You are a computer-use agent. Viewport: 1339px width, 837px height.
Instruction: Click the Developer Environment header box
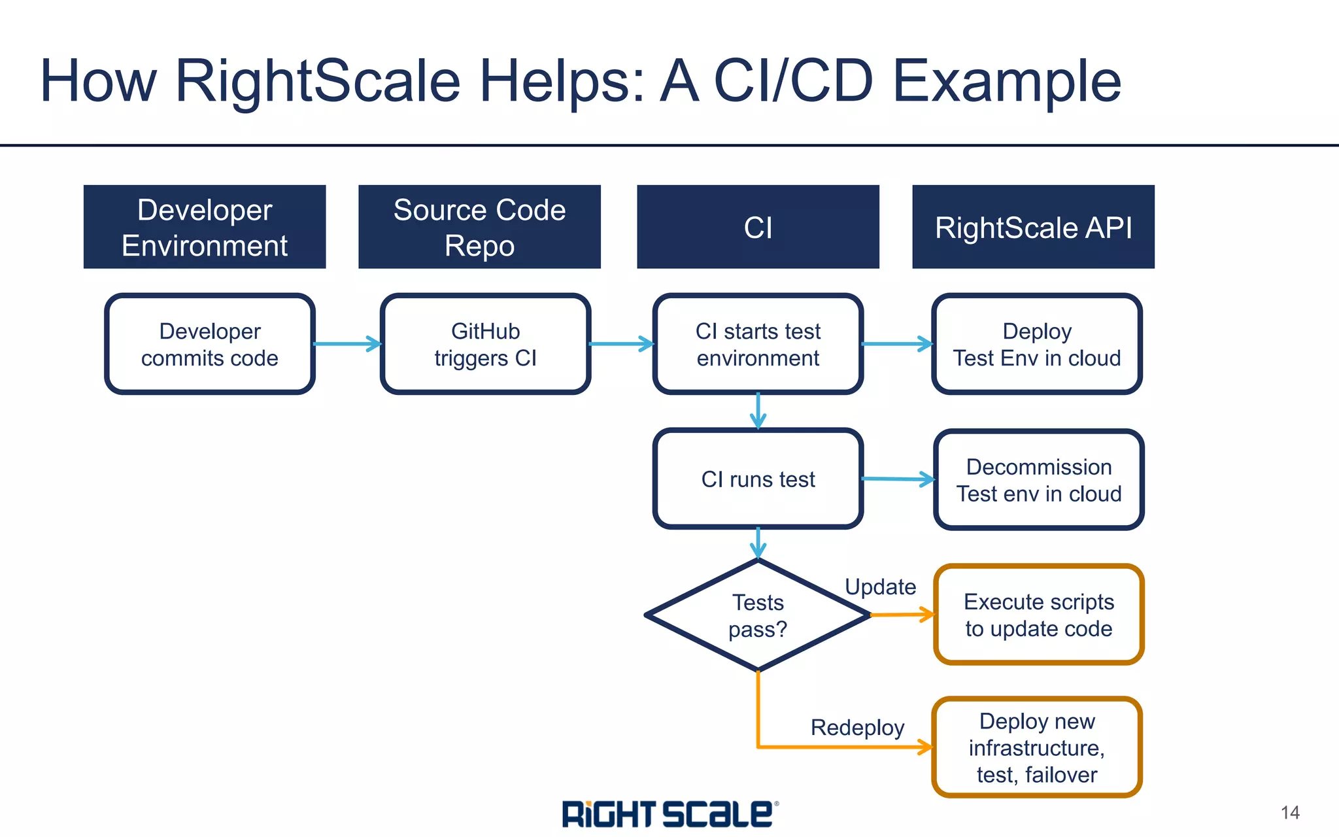(205, 227)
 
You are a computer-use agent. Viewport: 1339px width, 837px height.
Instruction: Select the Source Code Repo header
(479, 227)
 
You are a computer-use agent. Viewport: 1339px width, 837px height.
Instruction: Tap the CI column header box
(758, 227)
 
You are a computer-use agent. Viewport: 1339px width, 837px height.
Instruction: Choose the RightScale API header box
(1033, 227)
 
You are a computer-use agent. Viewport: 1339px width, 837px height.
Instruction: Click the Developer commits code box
(210, 344)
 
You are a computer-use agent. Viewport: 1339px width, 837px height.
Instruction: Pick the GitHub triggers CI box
(485, 344)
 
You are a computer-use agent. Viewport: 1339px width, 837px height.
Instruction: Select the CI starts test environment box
(758, 344)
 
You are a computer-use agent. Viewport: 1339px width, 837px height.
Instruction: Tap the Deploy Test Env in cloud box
(1037, 344)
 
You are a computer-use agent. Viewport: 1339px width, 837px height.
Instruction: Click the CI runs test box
(758, 479)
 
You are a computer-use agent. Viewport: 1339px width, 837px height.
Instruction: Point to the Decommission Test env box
(1039, 479)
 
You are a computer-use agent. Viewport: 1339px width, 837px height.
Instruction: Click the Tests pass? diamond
(758, 615)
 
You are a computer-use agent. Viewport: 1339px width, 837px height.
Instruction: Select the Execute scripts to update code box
(1039, 615)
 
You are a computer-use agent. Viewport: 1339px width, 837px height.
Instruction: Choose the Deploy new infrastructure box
(1037, 747)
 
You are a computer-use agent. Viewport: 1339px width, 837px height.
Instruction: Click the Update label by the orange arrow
(880, 587)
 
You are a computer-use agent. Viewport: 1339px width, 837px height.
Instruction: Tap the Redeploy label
(857, 727)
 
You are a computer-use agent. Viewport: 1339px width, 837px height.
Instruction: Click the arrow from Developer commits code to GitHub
(347, 344)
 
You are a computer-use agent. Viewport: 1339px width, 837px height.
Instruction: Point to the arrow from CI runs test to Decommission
(898, 479)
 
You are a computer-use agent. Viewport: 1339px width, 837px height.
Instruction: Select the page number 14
(1290, 813)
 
